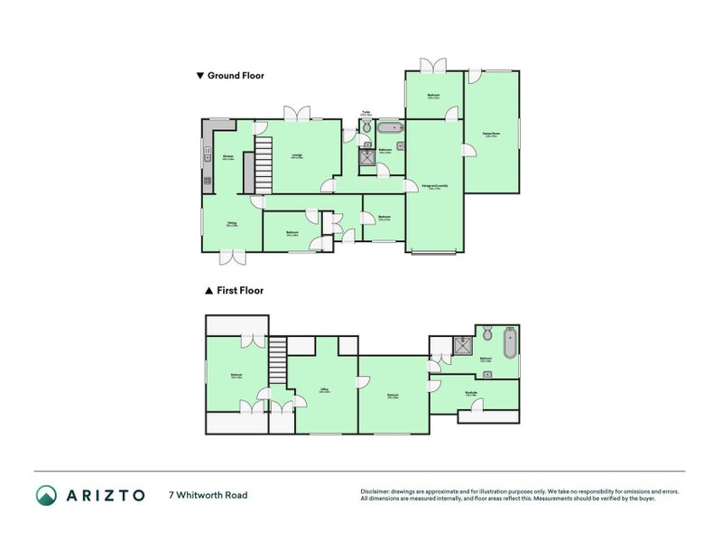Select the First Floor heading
(x=234, y=291)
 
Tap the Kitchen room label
(x=228, y=157)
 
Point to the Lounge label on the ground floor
(x=297, y=156)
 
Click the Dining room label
(x=232, y=224)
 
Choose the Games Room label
(x=492, y=135)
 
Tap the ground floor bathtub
(x=391, y=127)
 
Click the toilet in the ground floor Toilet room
(x=366, y=126)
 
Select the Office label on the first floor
(x=324, y=390)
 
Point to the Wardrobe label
(x=471, y=394)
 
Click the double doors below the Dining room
(x=232, y=257)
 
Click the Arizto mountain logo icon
(x=46, y=495)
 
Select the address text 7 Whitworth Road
(x=208, y=495)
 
